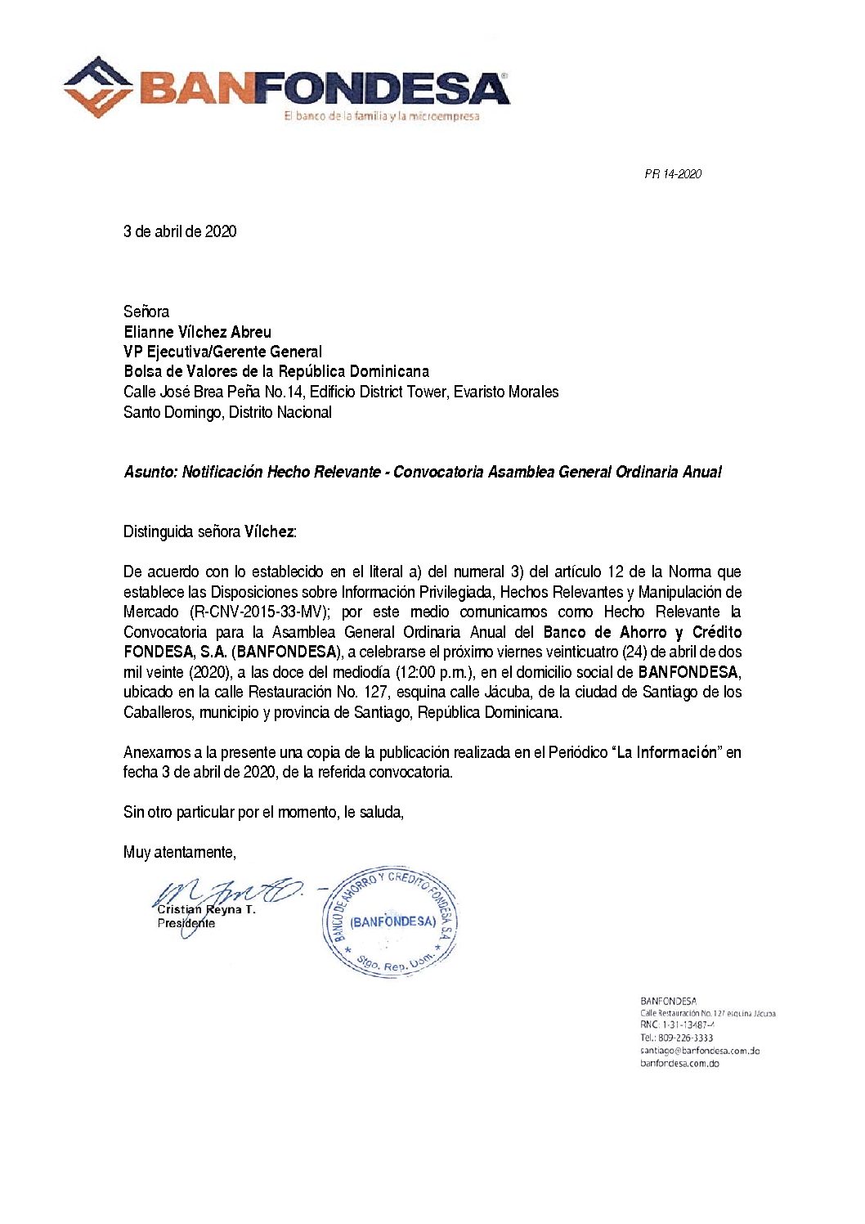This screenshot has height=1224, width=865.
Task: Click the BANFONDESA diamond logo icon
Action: coord(98,87)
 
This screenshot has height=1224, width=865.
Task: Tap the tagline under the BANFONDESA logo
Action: coord(381,116)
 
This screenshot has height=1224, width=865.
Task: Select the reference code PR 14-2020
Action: coord(672,174)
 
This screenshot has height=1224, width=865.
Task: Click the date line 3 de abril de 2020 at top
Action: coord(180,231)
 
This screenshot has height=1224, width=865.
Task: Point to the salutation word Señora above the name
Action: coord(146,312)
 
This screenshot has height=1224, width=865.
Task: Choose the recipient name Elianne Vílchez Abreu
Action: coord(197,332)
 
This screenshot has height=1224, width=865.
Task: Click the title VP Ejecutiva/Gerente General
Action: coord(222,352)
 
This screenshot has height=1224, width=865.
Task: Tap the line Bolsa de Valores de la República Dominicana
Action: coord(276,371)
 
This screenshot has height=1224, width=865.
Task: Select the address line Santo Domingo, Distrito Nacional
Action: coord(227,412)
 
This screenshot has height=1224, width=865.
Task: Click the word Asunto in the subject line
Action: coord(150,472)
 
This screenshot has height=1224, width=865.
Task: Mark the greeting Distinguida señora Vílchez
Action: coord(209,531)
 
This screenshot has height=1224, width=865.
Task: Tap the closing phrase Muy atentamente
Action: coord(179,852)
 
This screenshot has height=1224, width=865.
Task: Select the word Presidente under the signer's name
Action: coord(186,923)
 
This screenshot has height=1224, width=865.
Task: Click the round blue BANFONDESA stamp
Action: coord(392,921)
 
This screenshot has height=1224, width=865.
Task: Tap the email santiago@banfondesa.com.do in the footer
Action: coord(700,1051)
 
